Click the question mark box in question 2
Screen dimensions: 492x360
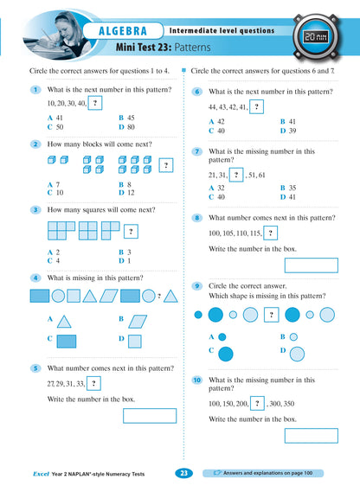164,165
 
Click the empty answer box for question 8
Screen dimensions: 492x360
311,265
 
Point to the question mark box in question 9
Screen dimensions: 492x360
271,314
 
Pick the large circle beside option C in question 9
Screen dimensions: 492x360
226,353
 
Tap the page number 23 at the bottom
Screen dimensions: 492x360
183,473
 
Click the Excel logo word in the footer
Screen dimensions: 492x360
35,474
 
